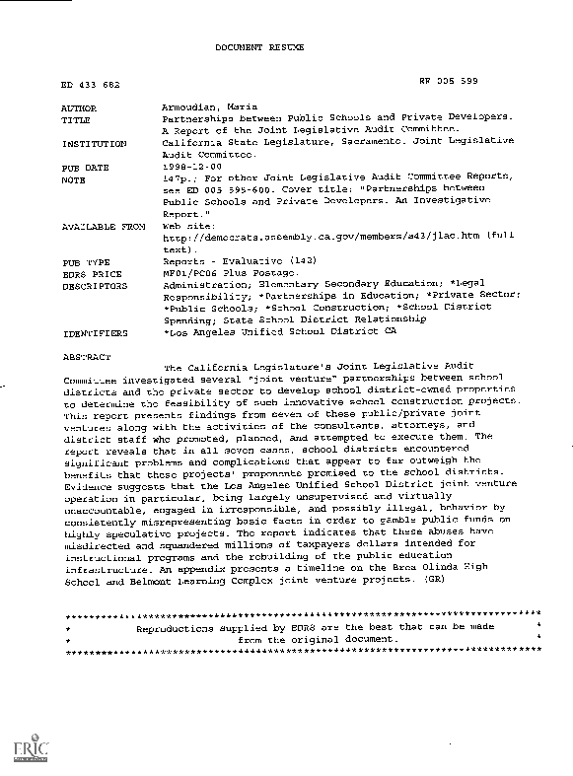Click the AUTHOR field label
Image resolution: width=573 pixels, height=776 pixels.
pos(80,105)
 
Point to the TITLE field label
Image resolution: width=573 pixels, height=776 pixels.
pos(77,116)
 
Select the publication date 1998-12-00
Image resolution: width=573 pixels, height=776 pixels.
pos(190,169)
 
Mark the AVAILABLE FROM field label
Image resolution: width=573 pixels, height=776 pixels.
pos(103,226)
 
